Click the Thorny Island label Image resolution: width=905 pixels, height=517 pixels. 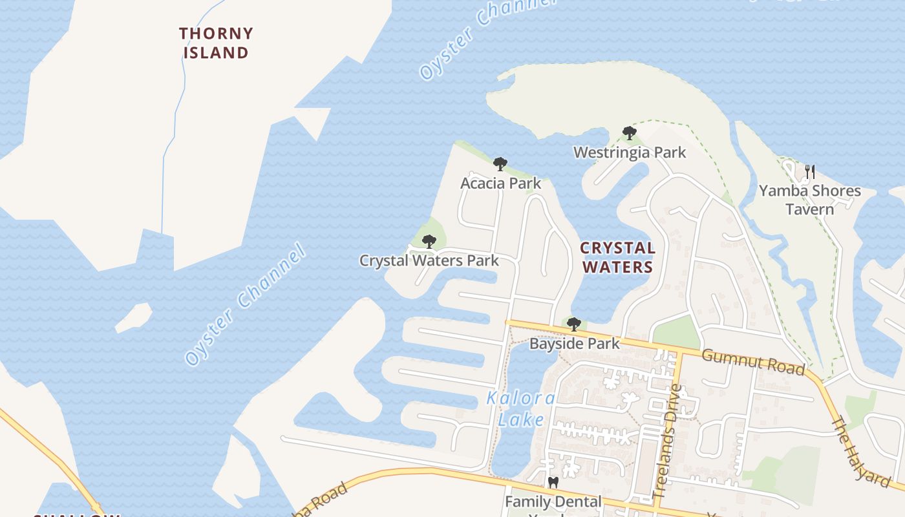tap(216, 43)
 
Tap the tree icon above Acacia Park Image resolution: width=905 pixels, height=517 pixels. tap(500, 164)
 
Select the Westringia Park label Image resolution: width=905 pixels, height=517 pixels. tap(630, 153)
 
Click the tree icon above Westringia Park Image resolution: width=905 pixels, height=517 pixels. tap(629, 133)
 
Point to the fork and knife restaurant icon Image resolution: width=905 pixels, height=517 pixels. tap(809, 171)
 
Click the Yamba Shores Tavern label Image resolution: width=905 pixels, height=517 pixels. tap(809, 200)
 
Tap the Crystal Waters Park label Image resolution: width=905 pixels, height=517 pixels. tap(429, 260)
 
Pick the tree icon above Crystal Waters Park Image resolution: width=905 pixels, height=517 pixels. tap(429, 242)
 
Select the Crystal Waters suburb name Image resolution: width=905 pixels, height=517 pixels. tap(617, 257)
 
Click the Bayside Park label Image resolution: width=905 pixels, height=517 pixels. tap(574, 343)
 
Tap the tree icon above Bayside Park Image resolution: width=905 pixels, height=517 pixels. tap(573, 324)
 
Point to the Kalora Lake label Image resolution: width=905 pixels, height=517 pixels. tap(520, 409)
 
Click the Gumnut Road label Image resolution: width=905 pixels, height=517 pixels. tap(753, 361)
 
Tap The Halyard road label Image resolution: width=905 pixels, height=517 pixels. tap(860, 452)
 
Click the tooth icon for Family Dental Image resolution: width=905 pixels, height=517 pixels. tap(553, 482)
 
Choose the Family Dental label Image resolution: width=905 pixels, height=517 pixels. tap(553, 501)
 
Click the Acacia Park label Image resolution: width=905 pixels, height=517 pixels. tap(500, 183)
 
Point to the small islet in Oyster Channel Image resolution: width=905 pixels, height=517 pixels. tap(134, 317)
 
